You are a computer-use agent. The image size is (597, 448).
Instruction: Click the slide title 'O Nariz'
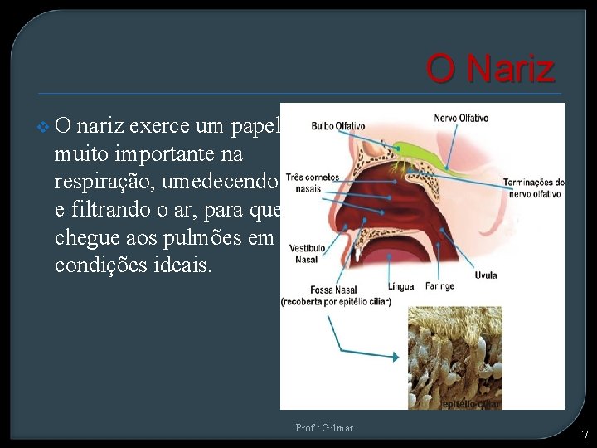point(489,68)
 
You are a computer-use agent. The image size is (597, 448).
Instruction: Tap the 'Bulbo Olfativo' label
point(337,126)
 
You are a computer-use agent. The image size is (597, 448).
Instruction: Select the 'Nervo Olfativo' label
point(461,119)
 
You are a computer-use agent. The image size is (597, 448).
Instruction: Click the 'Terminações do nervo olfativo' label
point(534,188)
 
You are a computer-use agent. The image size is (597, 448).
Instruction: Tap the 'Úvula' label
point(486,275)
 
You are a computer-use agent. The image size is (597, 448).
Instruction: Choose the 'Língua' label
point(400,286)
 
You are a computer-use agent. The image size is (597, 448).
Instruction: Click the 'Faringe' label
point(440,286)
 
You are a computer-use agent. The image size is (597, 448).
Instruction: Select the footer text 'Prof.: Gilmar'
point(324,428)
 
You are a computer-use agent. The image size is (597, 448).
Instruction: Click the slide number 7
point(585,435)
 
